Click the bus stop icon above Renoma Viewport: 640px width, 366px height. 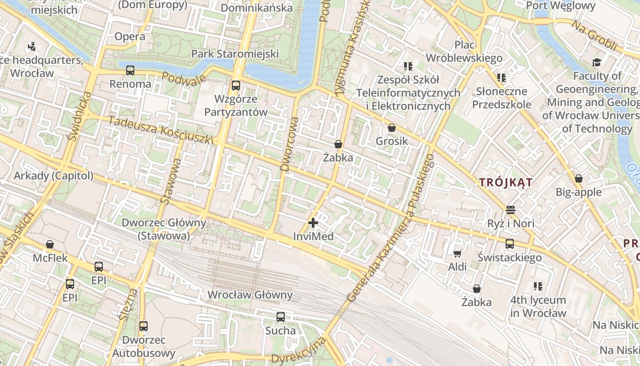[x=130, y=70]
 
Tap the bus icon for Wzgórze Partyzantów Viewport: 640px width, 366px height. [x=235, y=86]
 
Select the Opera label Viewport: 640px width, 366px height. [x=130, y=37]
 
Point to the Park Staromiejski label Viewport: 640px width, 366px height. [x=235, y=54]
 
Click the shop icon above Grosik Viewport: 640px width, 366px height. [x=391, y=128]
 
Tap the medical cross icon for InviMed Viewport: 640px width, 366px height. [x=313, y=223]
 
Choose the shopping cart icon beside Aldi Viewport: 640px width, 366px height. [x=457, y=253]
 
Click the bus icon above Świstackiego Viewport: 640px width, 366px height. [x=510, y=244]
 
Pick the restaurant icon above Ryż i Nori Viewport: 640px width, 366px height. [x=511, y=210]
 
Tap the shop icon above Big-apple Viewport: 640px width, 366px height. [x=578, y=178]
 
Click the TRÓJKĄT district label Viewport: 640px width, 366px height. [x=506, y=183]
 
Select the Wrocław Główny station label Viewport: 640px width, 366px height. [x=250, y=295]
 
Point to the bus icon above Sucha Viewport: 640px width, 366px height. [x=281, y=317]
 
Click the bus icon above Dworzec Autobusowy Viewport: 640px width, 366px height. [x=144, y=326]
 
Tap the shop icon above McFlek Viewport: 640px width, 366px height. [x=50, y=245]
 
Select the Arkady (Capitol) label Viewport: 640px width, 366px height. [x=53, y=176]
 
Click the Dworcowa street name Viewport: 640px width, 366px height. [x=290, y=144]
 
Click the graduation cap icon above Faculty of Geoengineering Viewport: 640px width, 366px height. [x=596, y=62]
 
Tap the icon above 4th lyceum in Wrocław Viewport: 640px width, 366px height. [x=538, y=286]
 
